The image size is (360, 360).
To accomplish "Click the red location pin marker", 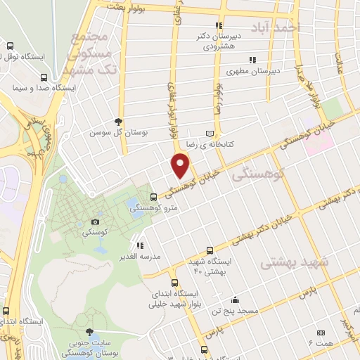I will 181,166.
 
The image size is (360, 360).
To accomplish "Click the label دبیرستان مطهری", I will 254,70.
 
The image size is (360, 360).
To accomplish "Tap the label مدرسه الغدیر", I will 139,257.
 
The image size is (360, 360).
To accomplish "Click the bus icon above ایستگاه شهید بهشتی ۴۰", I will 210,250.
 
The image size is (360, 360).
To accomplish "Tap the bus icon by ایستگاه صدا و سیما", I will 44,78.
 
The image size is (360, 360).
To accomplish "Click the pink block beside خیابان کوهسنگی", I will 323,143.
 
